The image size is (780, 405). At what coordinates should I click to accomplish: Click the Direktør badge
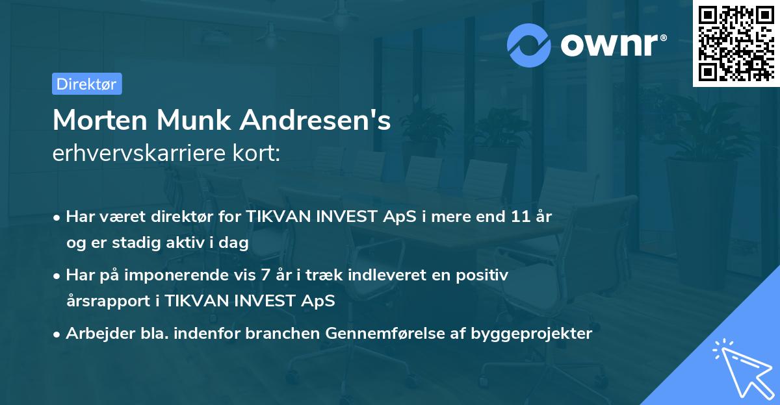click(86, 84)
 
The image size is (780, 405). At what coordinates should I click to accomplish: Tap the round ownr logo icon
click(529, 45)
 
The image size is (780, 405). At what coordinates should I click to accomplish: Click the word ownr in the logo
click(608, 45)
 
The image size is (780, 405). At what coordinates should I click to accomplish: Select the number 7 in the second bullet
click(265, 275)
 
